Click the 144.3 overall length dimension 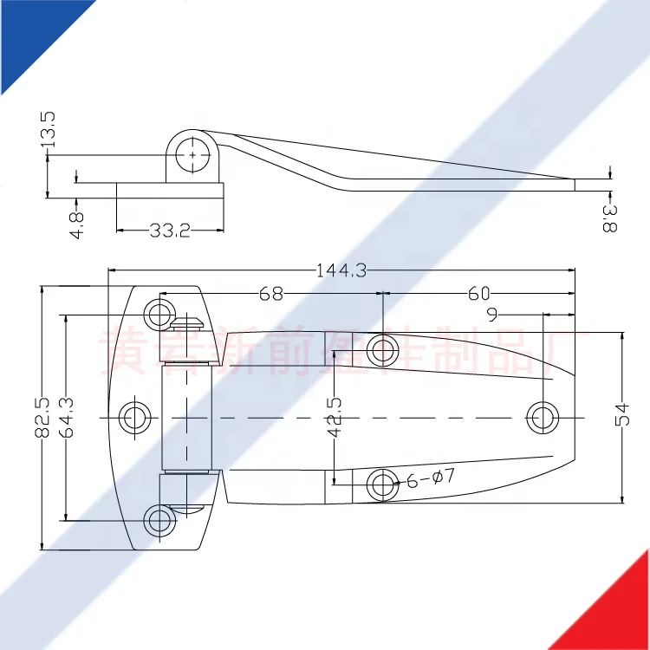coord(341,270)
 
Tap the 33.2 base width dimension coord(170,231)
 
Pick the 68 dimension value coord(270,294)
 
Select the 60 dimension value coord(479,294)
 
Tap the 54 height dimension coord(622,417)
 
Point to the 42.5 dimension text coord(334,415)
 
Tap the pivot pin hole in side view coord(192,154)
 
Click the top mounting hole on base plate coord(159,314)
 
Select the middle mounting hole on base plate coord(134,417)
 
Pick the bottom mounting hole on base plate coord(159,520)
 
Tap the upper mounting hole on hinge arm coord(382,350)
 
